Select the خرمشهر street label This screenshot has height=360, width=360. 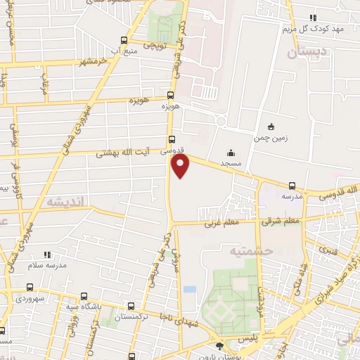click(96, 60)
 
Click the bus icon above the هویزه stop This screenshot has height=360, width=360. click(170, 95)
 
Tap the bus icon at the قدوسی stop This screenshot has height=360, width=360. click(172, 139)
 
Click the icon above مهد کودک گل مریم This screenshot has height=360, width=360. click(313, 18)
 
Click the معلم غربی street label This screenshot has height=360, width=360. click(222, 224)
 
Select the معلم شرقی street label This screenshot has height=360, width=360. click(281, 222)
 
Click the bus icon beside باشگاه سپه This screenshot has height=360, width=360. click(84, 295)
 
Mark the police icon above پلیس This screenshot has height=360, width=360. click(221, 345)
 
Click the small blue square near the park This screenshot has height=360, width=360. click(188, 289)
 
